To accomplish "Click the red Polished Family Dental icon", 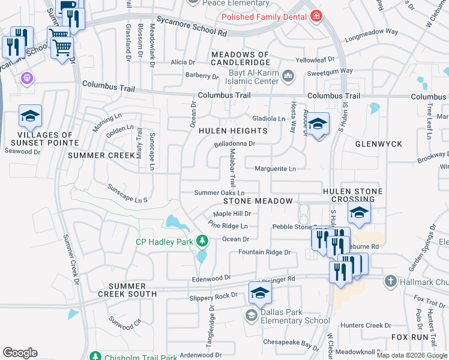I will click(x=316, y=17).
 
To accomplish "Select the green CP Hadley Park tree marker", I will click(x=202, y=241).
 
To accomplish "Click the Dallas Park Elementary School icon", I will click(x=251, y=315).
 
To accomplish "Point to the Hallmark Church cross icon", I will click(x=390, y=281).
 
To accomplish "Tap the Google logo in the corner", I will click(x=20, y=352).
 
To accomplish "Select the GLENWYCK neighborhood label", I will click(x=378, y=145).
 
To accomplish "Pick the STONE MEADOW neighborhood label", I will click(x=258, y=202).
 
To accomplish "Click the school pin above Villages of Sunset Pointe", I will click(x=30, y=117).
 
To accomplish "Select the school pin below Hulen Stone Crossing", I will click(x=359, y=213).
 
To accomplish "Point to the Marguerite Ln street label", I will click(x=275, y=169).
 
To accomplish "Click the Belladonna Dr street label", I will click(x=235, y=144).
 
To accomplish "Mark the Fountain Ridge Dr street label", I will click(x=264, y=253).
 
